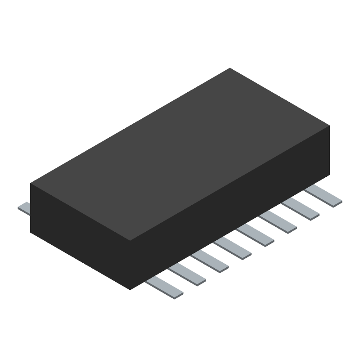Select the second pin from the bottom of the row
[x=187, y=275]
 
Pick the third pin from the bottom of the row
[x=210, y=262]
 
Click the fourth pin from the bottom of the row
[x=233, y=249]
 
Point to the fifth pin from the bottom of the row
[x=256, y=236]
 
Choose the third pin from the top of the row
[x=278, y=223]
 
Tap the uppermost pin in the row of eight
[x=323, y=197]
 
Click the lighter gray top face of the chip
[x=180, y=153]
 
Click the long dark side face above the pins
[x=229, y=207]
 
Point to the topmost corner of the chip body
[x=230, y=68]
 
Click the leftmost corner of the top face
[x=31, y=183]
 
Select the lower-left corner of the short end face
[x=31, y=232]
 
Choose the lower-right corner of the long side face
[x=329, y=175]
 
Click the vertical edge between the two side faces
[x=130, y=265]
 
